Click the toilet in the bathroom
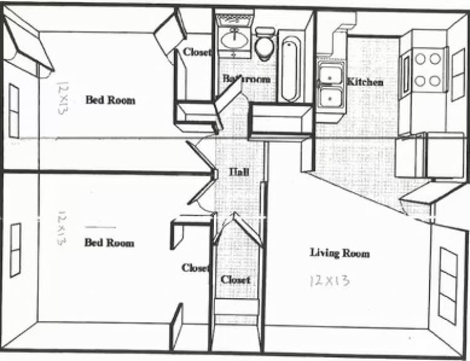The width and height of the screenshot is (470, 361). tap(264, 44)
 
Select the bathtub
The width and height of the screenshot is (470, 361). tap(290, 69)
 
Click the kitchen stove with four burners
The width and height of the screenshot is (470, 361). tap(429, 69)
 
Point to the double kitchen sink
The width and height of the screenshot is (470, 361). tap(330, 86)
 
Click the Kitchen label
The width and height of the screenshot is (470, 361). tap(365, 81)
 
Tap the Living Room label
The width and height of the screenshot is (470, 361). tap(340, 253)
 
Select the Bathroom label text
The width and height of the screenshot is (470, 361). tap(246, 79)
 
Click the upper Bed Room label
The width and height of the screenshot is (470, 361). tap(110, 99)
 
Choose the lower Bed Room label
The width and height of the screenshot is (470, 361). tap(109, 242)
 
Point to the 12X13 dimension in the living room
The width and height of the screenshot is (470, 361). tap(330, 280)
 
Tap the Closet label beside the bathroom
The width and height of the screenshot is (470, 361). tap(197, 53)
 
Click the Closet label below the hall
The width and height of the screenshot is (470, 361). tap(235, 280)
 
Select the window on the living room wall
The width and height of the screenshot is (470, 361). tap(447, 285)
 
